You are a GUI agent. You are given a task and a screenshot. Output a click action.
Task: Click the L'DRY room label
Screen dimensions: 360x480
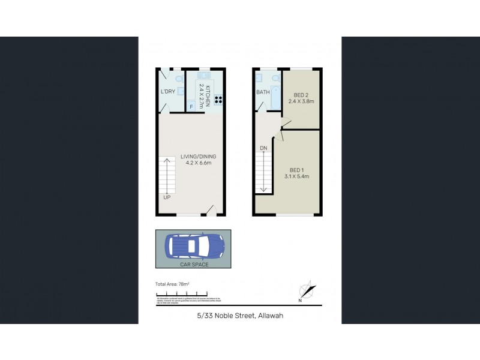click(x=167, y=92)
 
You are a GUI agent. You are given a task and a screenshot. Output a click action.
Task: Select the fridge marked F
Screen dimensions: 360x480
click(x=191, y=107)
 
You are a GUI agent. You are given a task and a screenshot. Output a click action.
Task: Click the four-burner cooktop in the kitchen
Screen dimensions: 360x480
click(x=218, y=101)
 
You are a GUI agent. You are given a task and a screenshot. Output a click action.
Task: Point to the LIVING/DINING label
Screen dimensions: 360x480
click(x=198, y=157)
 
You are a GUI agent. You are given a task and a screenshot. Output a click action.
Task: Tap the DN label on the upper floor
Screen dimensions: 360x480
click(x=263, y=148)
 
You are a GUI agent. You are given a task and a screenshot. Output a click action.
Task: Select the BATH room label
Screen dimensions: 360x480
click(x=263, y=92)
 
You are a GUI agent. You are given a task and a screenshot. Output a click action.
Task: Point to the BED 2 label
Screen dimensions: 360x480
click(x=301, y=95)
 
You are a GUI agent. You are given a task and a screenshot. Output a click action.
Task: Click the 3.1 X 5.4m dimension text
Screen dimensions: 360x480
click(x=296, y=176)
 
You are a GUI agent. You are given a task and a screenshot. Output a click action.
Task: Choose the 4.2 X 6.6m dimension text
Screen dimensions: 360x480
click(x=198, y=164)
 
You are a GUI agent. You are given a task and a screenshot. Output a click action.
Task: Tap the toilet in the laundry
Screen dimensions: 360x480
click(x=179, y=79)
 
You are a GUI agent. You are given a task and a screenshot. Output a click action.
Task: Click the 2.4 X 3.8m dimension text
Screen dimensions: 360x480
click(x=301, y=101)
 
